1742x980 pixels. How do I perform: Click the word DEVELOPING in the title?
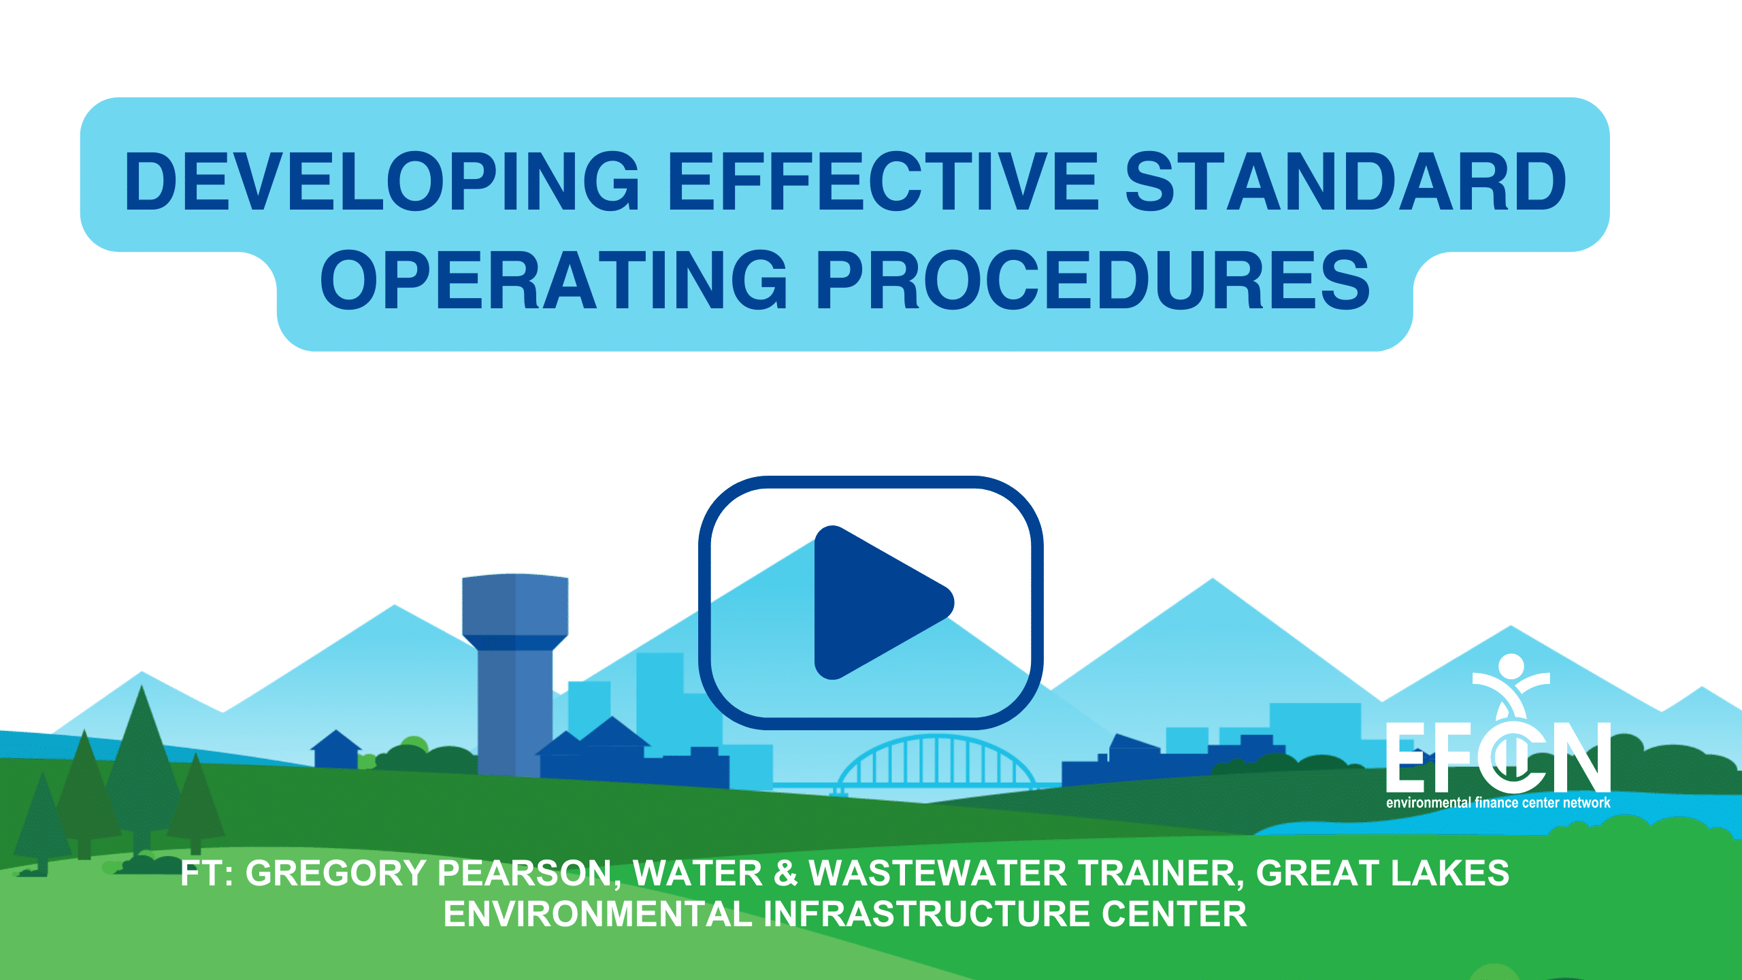tap(382, 181)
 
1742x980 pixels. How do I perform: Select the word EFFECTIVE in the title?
tap(883, 181)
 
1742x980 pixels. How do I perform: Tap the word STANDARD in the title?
tap(1346, 181)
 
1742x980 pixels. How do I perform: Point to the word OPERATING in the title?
tap(554, 280)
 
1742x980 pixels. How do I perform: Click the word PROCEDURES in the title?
tap(1093, 280)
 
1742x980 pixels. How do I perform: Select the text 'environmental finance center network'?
tap(1498, 802)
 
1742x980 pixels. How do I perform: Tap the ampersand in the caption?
tap(785, 873)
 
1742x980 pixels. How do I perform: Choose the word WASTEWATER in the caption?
tap(938, 873)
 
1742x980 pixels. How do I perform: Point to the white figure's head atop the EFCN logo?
tap(1511, 668)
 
